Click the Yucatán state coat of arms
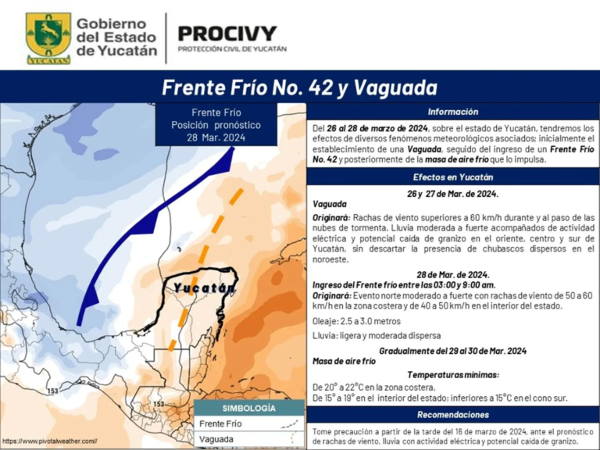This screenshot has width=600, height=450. [48, 37]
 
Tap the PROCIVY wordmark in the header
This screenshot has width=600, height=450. [227, 34]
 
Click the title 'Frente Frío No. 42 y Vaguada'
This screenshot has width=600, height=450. [299, 87]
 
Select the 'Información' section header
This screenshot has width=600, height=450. [452, 112]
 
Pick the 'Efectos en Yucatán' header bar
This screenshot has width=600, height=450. [452, 177]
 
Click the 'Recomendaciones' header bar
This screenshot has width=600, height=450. [452, 415]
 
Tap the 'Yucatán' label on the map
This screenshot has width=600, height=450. [204, 288]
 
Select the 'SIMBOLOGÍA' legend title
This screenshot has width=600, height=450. [248, 409]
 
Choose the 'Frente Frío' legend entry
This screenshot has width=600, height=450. [220, 423]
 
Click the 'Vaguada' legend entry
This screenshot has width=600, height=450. [216, 439]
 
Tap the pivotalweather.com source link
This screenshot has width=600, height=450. [49, 442]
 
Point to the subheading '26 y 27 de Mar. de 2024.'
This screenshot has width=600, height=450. [452, 193]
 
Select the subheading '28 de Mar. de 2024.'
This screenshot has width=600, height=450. [452, 275]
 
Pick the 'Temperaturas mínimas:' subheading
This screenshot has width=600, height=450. [452, 375]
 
